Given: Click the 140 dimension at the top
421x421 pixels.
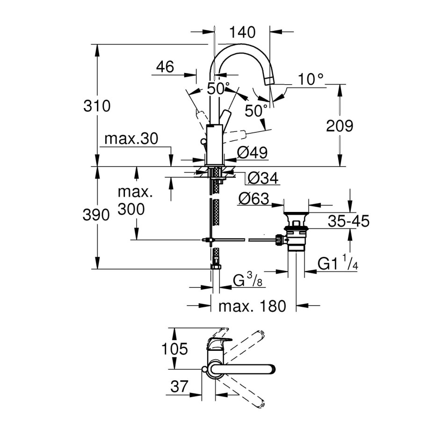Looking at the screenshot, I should (x=243, y=32).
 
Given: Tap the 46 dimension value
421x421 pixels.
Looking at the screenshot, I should (x=165, y=67).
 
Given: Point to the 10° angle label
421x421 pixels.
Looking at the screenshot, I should (x=311, y=79).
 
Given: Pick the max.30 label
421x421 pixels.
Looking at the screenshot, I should (x=131, y=139).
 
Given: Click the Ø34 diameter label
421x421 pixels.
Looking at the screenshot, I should (x=262, y=178).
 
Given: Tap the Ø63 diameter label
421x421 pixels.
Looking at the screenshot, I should (x=254, y=199).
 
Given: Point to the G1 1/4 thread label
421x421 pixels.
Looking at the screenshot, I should (x=338, y=264).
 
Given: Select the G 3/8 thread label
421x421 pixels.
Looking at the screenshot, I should (x=247, y=281).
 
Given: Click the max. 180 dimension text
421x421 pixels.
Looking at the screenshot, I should (x=252, y=306).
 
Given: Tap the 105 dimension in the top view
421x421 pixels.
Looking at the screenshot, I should (x=174, y=348).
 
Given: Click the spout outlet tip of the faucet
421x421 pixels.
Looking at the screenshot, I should (x=269, y=81).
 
